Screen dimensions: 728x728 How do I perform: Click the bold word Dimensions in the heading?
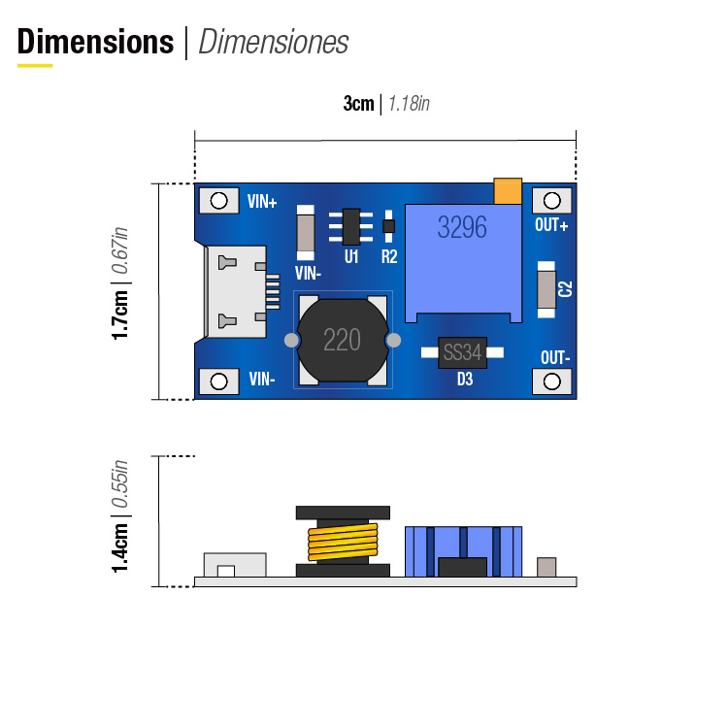[95, 42]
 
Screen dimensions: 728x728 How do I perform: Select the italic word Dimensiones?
[273, 43]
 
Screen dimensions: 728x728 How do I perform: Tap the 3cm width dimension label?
[358, 104]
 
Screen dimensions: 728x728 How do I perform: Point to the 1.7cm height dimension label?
[120, 309]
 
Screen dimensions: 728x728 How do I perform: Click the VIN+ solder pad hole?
[219, 201]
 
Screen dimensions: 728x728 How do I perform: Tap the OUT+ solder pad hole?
[552, 201]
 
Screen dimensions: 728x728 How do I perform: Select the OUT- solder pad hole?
[552, 381]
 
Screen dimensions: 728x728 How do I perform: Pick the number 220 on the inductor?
[342, 340]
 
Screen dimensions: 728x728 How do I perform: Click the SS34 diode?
[462, 352]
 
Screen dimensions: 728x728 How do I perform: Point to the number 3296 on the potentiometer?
[462, 227]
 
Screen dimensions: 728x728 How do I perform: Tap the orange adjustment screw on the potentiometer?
[507, 190]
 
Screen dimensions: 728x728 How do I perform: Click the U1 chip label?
[351, 257]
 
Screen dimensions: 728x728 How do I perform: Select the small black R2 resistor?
[389, 227]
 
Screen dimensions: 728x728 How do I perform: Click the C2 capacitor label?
[567, 288]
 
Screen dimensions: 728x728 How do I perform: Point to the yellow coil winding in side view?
[342, 544]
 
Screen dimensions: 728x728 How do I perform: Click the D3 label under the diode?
[464, 381]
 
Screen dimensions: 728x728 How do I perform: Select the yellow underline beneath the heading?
[35, 66]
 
